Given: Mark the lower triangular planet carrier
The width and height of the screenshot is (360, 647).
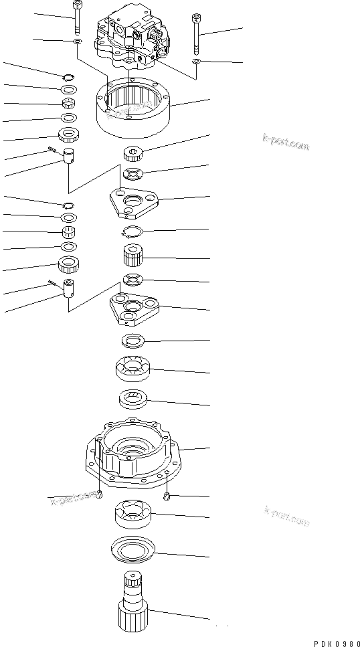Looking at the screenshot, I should pos(134,308).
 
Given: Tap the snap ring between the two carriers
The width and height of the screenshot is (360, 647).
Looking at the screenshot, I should pos(131,232).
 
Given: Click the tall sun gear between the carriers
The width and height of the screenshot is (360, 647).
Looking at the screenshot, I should pos(133,257).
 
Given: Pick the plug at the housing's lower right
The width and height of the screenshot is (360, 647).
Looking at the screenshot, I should pos(168,496).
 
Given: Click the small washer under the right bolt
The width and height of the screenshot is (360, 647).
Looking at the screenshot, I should pos(195,62).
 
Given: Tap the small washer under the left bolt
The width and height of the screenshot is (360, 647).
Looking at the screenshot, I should pos(78,42).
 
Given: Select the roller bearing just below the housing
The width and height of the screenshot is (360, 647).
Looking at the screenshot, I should pos(134,513).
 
